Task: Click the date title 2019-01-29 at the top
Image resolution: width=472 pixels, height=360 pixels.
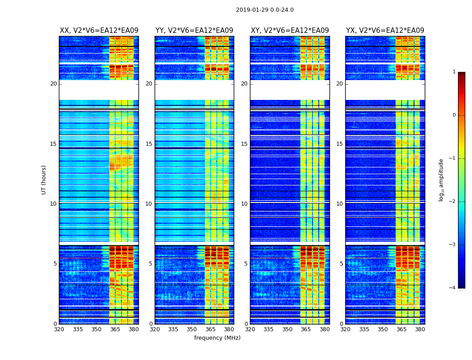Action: tap(265, 10)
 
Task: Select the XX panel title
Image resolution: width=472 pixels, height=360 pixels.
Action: tap(99, 31)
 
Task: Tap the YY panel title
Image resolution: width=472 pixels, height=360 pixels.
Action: tap(194, 31)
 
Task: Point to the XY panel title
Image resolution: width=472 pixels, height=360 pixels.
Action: tap(290, 31)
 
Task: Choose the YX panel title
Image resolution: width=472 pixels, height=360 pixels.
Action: tap(385, 31)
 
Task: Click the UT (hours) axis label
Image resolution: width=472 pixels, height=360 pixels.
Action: tap(44, 180)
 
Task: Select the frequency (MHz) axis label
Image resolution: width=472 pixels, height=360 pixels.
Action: tap(217, 338)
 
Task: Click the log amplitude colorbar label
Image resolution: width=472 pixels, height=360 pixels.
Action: tap(441, 180)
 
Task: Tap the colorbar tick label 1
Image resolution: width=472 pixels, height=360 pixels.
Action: tap(454, 72)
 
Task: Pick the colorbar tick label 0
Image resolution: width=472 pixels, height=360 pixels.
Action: tap(454, 115)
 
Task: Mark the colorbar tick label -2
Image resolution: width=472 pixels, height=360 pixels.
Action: tap(453, 202)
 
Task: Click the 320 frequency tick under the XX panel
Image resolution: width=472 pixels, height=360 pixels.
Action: tap(59, 329)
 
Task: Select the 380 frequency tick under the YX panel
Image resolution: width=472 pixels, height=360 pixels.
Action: tap(420, 329)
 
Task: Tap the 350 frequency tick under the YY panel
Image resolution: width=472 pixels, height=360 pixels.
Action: tap(192, 329)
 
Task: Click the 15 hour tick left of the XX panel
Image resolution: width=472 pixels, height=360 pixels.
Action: tap(53, 144)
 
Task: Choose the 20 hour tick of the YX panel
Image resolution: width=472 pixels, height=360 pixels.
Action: tap(339, 84)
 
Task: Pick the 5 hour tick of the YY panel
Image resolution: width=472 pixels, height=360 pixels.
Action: tap(150, 264)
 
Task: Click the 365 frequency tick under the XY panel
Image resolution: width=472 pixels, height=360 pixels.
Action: tap(306, 329)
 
